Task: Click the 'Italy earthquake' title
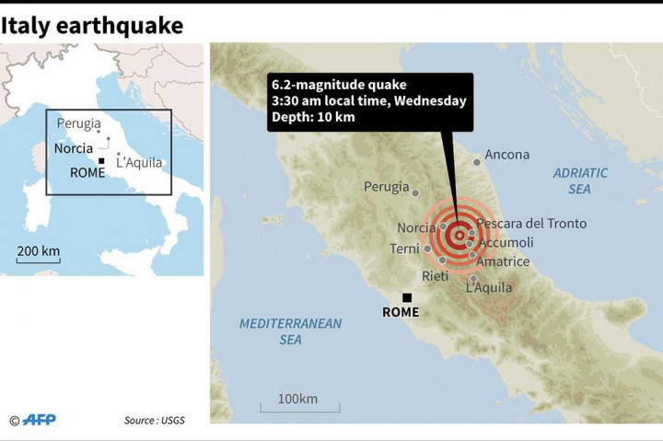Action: (92, 25)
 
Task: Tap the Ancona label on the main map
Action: (506, 155)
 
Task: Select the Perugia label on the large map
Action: (386, 187)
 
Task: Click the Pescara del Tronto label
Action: (530, 224)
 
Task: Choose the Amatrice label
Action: (503, 261)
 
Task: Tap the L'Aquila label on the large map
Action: (488, 287)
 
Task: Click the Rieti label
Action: (435, 276)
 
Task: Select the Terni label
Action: (404, 249)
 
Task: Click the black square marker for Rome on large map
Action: (406, 297)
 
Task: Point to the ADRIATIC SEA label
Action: (580, 180)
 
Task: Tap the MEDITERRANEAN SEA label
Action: (290, 331)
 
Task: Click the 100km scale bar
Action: (298, 405)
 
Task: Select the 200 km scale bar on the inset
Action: (38, 259)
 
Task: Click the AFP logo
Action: (39, 420)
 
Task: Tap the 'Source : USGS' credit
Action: (155, 421)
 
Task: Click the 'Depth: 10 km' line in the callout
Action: (313, 117)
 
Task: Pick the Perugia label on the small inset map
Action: (79, 123)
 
